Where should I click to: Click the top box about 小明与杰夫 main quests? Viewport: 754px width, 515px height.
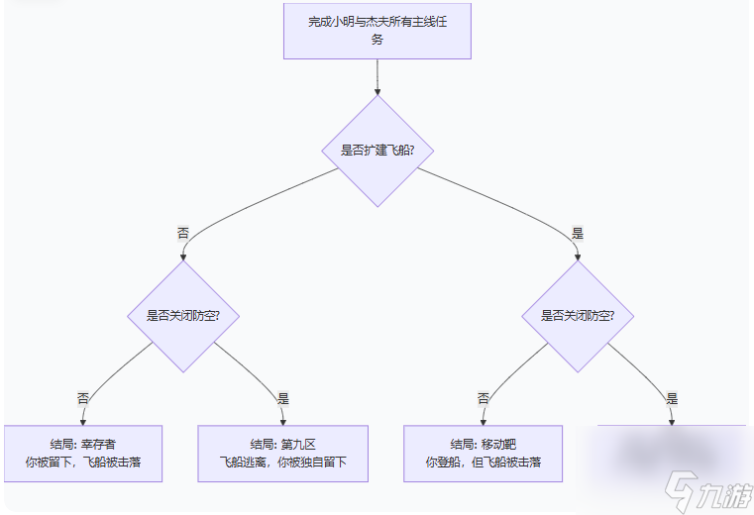coord(377,31)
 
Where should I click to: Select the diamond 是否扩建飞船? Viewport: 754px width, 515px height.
coord(377,151)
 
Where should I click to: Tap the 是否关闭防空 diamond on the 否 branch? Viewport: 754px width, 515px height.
coord(183,316)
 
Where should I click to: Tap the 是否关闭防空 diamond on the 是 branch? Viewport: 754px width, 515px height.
coord(578,316)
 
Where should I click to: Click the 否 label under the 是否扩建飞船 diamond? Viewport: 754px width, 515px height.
coord(183,234)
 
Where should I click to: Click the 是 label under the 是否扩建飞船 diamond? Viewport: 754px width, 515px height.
coord(578,234)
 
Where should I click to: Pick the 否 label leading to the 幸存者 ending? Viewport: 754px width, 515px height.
coord(83,398)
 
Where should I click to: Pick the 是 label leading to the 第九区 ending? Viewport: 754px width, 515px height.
coord(283,398)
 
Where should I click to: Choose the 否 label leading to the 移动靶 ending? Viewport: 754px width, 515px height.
coord(484,398)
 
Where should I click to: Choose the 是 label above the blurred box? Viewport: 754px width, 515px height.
coord(672,398)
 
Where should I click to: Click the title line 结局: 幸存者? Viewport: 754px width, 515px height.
coord(83,444)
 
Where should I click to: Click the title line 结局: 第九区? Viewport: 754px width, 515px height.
coord(282,444)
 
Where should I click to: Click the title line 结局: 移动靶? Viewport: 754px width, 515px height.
coord(484,444)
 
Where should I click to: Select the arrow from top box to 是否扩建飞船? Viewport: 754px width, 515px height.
coord(377,77)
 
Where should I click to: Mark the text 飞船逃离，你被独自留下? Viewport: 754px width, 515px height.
coord(282,463)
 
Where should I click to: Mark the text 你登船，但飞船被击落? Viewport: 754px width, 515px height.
coord(484,463)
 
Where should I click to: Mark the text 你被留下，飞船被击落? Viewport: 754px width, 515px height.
coord(83,463)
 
